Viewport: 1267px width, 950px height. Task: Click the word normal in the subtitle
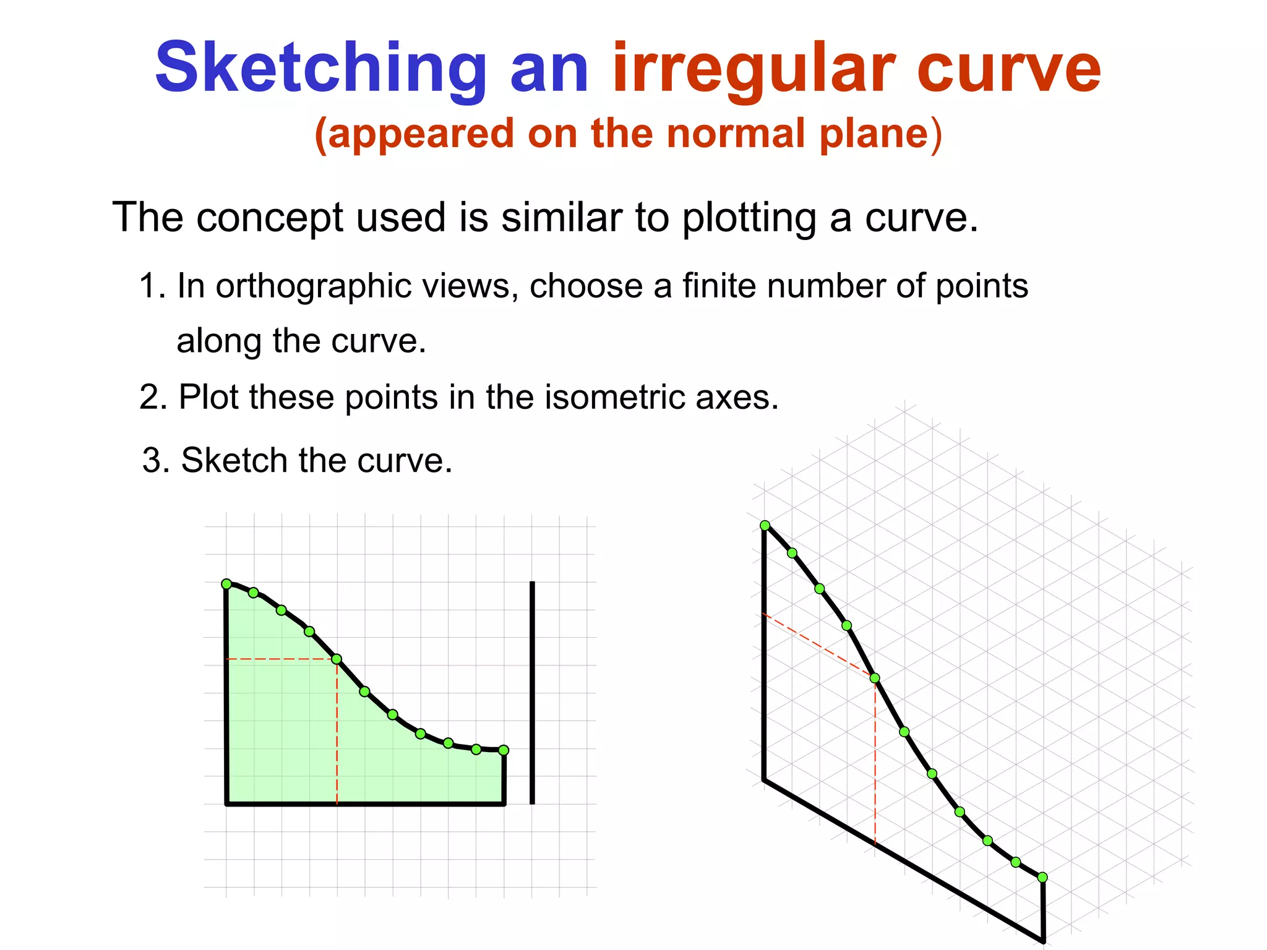click(x=735, y=133)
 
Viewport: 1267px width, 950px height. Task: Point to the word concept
click(x=269, y=218)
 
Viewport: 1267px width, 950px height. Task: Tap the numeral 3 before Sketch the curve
click(x=153, y=461)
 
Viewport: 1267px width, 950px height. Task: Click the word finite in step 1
click(x=718, y=286)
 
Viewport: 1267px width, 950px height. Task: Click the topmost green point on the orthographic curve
click(x=226, y=584)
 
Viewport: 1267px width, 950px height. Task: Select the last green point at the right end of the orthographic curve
click(x=504, y=750)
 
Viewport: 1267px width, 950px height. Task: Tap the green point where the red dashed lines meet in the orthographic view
click(x=337, y=659)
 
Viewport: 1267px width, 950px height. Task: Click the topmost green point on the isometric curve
click(x=765, y=526)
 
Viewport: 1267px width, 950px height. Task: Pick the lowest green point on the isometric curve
click(x=1042, y=877)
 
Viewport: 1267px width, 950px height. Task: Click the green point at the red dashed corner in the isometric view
click(x=875, y=678)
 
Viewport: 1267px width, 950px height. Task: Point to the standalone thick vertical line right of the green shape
click(x=532, y=693)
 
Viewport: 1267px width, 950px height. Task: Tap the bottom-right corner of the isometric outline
click(x=1043, y=941)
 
